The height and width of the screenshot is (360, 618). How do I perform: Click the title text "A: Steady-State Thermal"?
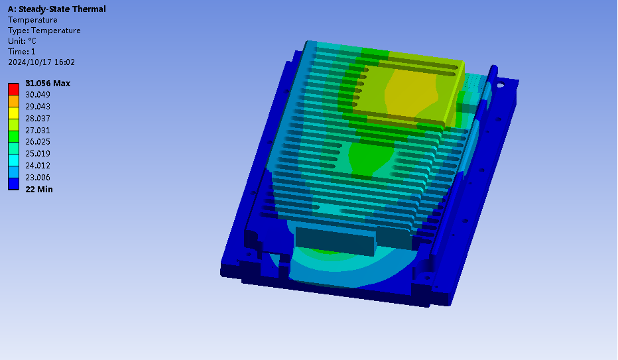point(57,9)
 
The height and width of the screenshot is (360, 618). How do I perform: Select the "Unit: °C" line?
point(22,41)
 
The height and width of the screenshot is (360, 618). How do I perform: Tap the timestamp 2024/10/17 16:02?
point(41,62)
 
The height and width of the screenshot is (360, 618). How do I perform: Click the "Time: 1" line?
point(22,52)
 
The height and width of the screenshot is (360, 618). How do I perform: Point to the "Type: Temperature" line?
point(44,30)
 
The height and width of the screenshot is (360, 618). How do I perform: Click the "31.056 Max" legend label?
point(48,83)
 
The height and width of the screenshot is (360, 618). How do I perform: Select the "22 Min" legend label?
point(39,190)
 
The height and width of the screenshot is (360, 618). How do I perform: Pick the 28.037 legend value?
point(38,118)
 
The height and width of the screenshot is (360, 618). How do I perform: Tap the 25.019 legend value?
point(38,154)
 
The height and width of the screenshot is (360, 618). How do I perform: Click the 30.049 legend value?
point(38,95)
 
